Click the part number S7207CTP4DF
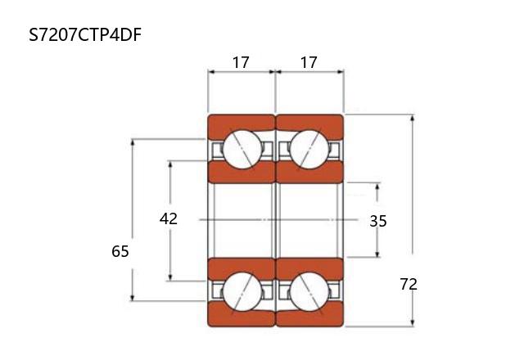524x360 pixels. coord(85,34)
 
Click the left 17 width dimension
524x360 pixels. coord(241,62)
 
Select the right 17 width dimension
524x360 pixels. coord(309,62)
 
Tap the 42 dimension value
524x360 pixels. coord(169,218)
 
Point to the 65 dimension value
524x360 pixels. coord(120,251)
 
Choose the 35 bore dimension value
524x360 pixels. coord(378,221)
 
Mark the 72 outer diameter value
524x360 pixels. coord(409,284)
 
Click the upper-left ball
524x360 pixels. coord(242,149)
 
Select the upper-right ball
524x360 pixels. coord(309,149)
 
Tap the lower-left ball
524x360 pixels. coord(242,292)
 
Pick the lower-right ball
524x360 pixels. coord(309,292)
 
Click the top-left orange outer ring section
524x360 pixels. coord(241,124)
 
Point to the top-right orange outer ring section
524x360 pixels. coord(309,124)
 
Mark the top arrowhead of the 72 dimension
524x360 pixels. coord(413,118)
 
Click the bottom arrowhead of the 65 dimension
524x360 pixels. coord(133,297)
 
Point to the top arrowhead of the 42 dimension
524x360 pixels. coord(170,165)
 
